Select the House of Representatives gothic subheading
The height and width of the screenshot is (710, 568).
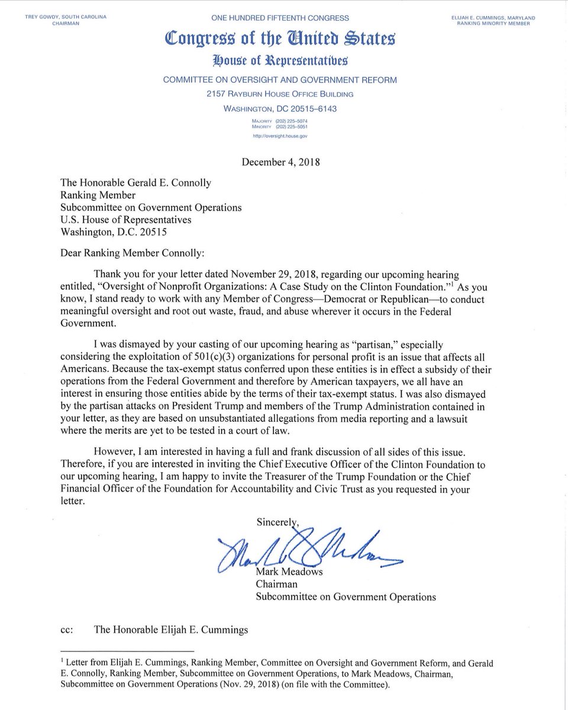(281, 61)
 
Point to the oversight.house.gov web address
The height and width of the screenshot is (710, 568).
(281, 135)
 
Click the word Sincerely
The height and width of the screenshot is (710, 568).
(277, 521)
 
